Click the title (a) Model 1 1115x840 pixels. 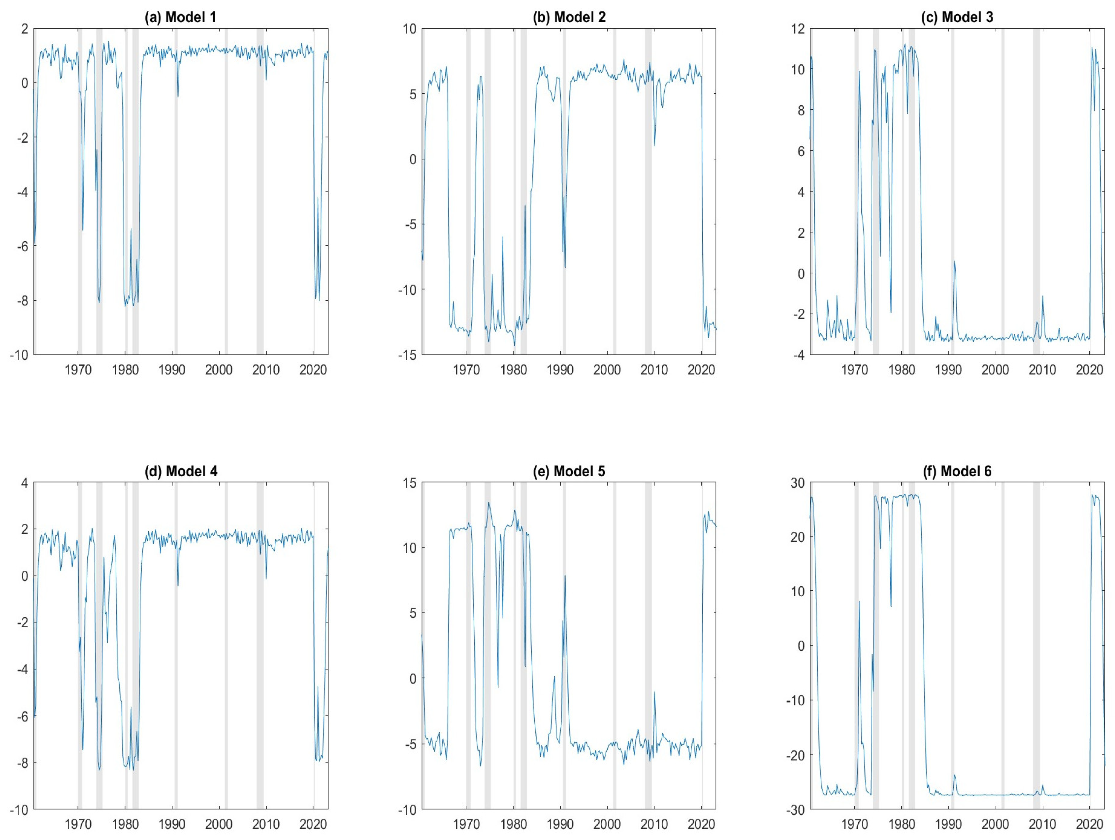[180, 17]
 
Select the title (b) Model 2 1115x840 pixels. [569, 17]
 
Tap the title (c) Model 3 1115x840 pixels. [957, 17]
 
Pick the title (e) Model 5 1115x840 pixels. [569, 471]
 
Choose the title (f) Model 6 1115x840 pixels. [957, 471]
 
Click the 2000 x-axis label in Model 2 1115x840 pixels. [607, 370]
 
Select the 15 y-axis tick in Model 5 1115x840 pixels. [410, 483]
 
